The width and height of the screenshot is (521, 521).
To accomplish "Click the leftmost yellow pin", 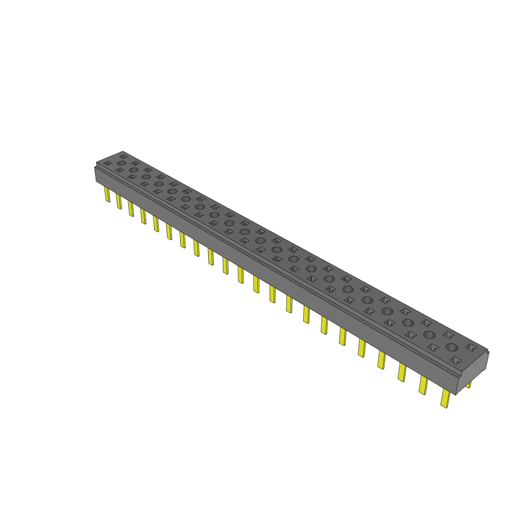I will click(107, 194).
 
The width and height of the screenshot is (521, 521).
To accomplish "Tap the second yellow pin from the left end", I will click(119, 201).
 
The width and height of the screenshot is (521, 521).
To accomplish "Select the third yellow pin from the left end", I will click(131, 208).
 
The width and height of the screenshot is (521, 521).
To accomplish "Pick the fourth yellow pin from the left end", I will click(143, 216).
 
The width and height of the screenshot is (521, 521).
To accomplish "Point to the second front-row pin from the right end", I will click(423, 385).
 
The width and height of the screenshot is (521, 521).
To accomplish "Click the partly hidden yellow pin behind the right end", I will click(469, 385).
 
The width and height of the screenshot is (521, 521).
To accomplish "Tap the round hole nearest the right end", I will click(452, 347).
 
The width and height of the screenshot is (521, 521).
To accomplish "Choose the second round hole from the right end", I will click(429, 334).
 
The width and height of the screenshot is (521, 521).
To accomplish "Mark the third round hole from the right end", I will click(408, 323).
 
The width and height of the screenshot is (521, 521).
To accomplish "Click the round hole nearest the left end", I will click(121, 163).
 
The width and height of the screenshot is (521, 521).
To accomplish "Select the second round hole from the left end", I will click(133, 170).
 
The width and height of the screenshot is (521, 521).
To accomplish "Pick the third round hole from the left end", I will click(146, 177).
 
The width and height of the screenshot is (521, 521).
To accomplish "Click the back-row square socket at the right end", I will click(471, 346).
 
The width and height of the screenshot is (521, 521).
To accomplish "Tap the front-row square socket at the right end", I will click(455, 360).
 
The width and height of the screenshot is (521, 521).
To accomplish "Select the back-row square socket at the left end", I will click(123, 156).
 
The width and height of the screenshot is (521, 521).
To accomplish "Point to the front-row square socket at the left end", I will click(107, 163).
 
